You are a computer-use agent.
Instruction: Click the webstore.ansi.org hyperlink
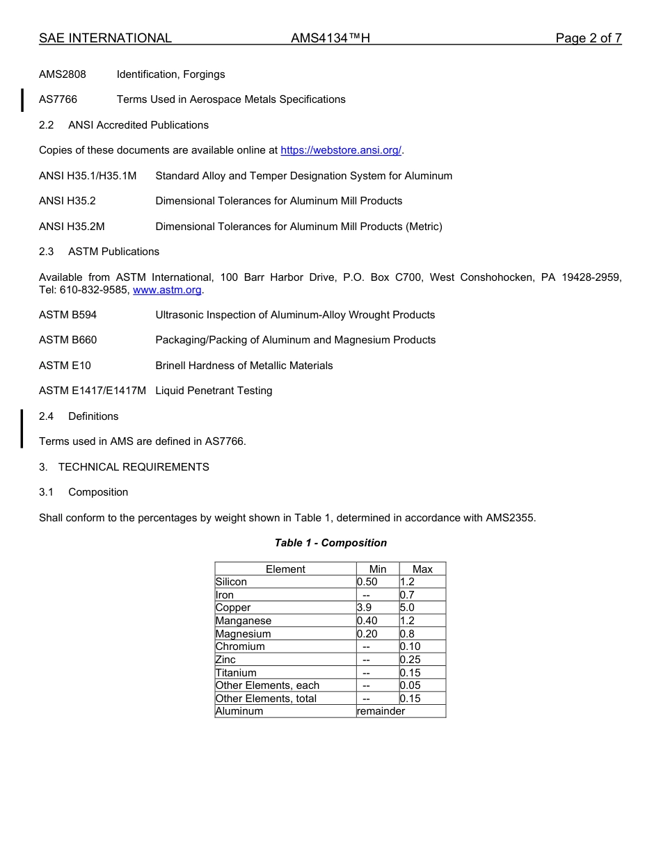(341, 150)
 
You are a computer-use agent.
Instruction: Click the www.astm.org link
(167, 290)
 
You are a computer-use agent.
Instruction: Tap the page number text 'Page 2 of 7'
(588, 38)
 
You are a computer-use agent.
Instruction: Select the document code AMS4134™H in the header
(330, 38)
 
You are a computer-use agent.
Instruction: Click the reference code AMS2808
(62, 74)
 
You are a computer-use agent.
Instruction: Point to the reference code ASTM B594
(67, 315)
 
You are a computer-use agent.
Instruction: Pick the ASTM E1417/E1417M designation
(93, 391)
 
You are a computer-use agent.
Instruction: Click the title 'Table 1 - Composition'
(330, 543)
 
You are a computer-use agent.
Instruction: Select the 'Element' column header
(285, 569)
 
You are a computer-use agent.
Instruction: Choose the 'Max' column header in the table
(422, 569)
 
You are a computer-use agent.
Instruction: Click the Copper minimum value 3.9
(364, 608)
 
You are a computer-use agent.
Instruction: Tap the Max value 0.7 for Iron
(407, 595)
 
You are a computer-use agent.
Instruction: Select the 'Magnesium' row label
(244, 634)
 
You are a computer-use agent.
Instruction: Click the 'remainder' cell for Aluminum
(381, 711)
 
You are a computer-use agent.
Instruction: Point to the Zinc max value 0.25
(410, 660)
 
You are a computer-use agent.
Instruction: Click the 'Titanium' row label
(236, 673)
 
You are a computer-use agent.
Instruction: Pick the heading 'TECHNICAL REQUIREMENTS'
(134, 467)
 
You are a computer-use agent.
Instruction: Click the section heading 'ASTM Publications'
(113, 252)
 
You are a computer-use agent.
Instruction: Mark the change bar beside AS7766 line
(22, 100)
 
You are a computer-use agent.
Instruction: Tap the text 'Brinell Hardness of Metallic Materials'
(244, 366)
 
